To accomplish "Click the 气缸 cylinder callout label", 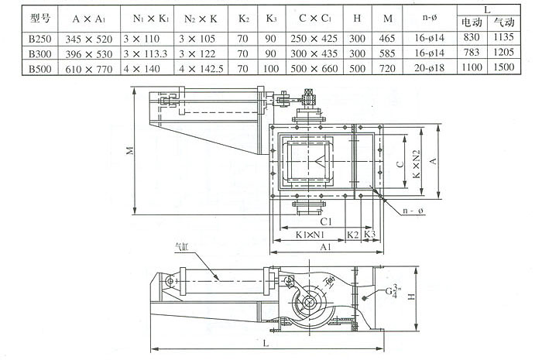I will pos(181,249).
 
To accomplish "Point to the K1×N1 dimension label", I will pos(309,234).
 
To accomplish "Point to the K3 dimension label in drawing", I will pos(369,234).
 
